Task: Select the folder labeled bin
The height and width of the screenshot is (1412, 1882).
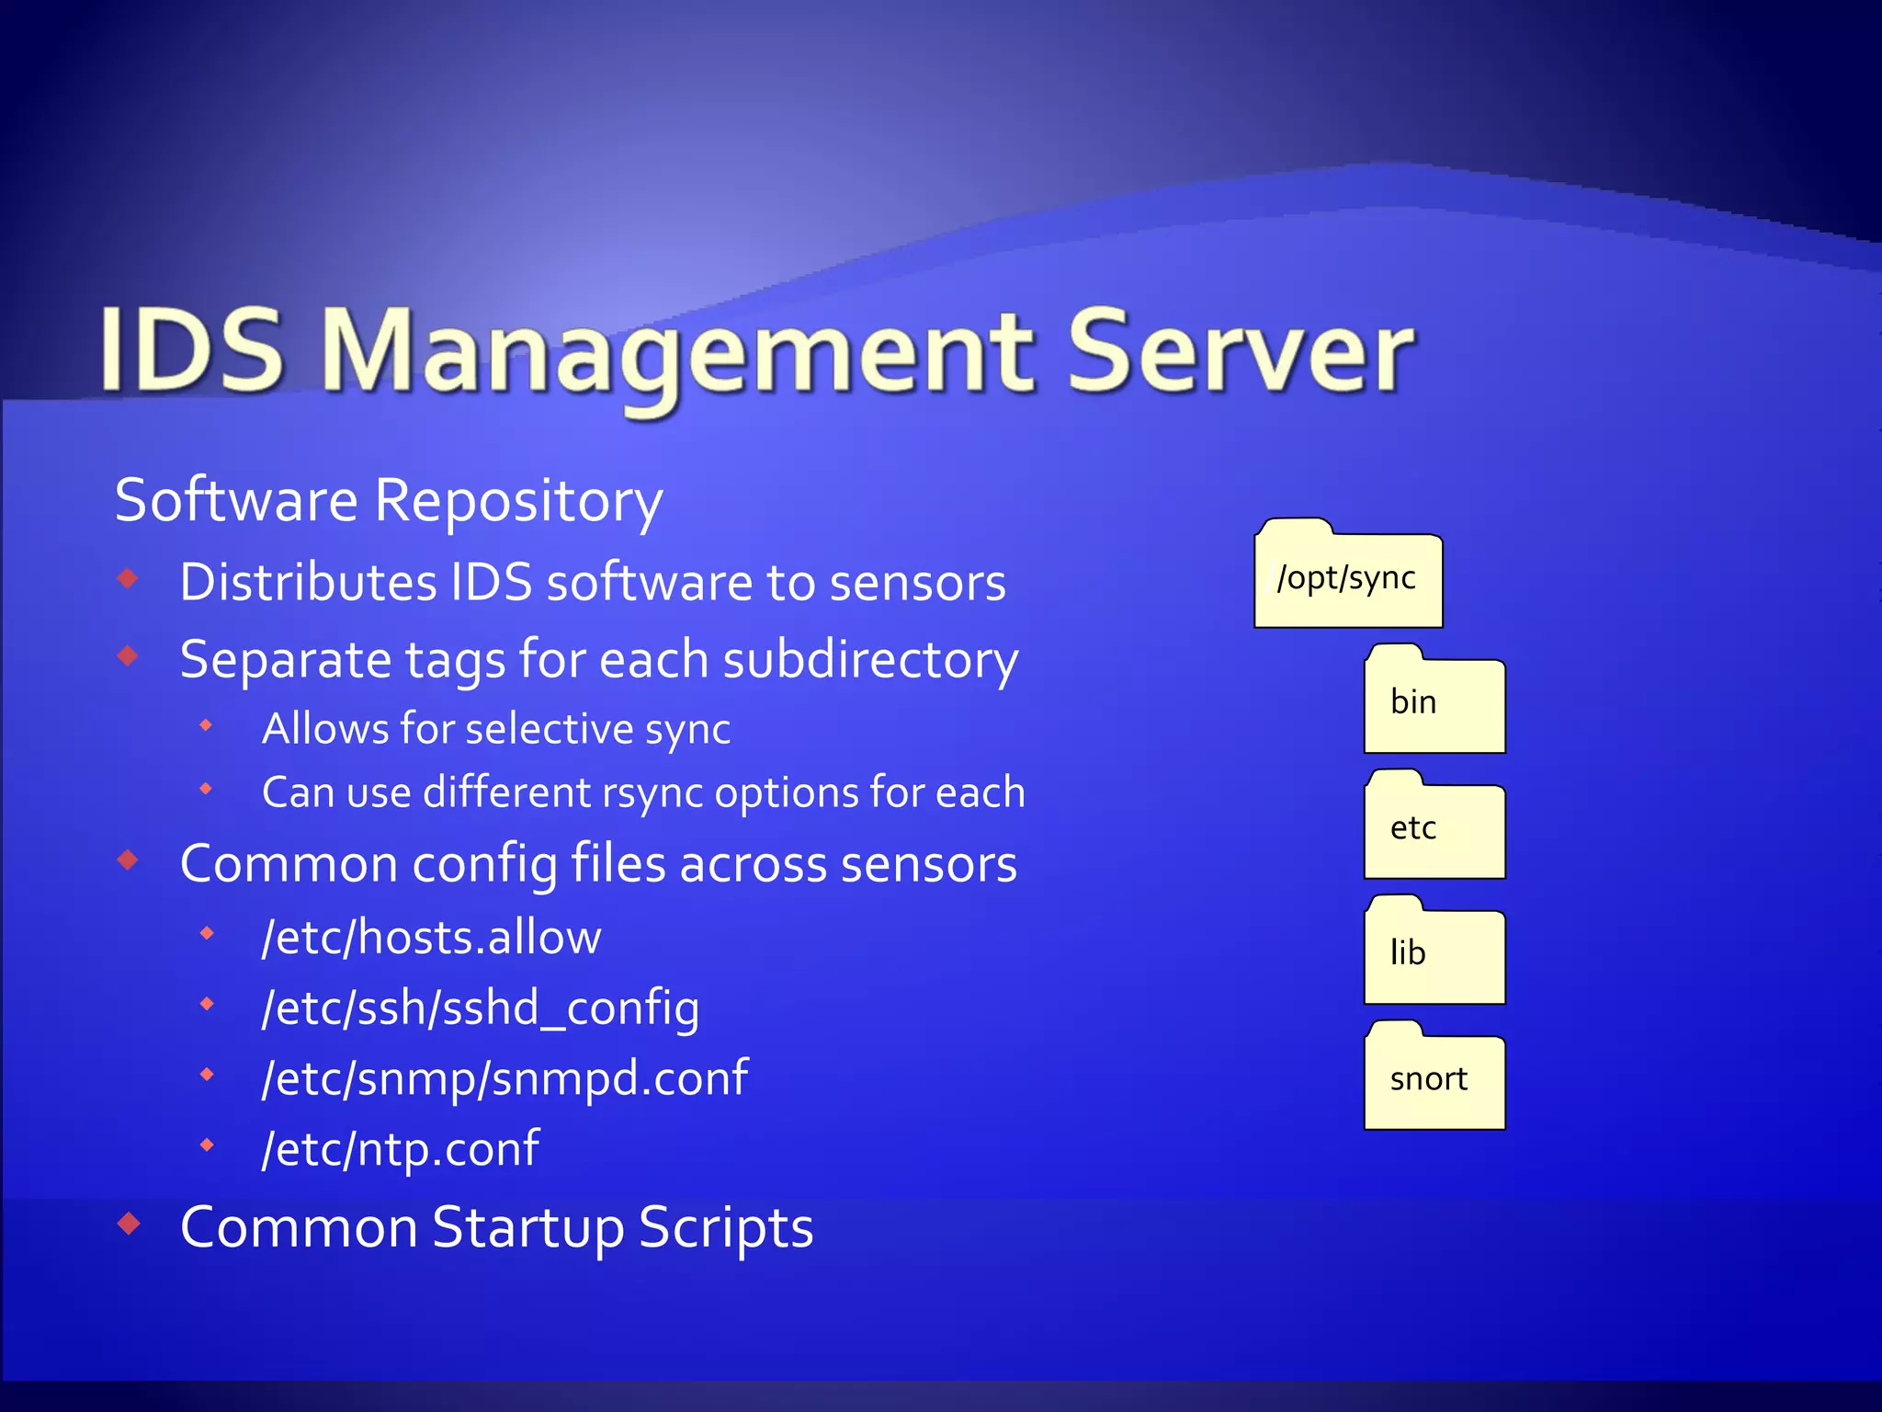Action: [x=1434, y=701]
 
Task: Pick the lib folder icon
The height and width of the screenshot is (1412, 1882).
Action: [x=1434, y=952]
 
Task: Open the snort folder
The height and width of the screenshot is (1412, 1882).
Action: [x=1434, y=1077]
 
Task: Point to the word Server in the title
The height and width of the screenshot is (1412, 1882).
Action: [x=1241, y=353]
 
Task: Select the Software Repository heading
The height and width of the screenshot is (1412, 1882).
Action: [x=389, y=501]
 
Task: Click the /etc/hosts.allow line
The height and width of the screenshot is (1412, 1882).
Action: [x=431, y=938]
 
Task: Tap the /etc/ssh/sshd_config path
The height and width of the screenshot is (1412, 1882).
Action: [x=480, y=1008]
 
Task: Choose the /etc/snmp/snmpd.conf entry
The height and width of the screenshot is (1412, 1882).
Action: [x=505, y=1078]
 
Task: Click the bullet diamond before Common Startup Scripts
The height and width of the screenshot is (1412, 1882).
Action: [x=129, y=1224]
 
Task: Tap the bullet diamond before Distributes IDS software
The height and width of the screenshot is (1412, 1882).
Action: [x=129, y=579]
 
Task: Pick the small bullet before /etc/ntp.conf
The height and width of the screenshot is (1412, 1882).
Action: [x=208, y=1145]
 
